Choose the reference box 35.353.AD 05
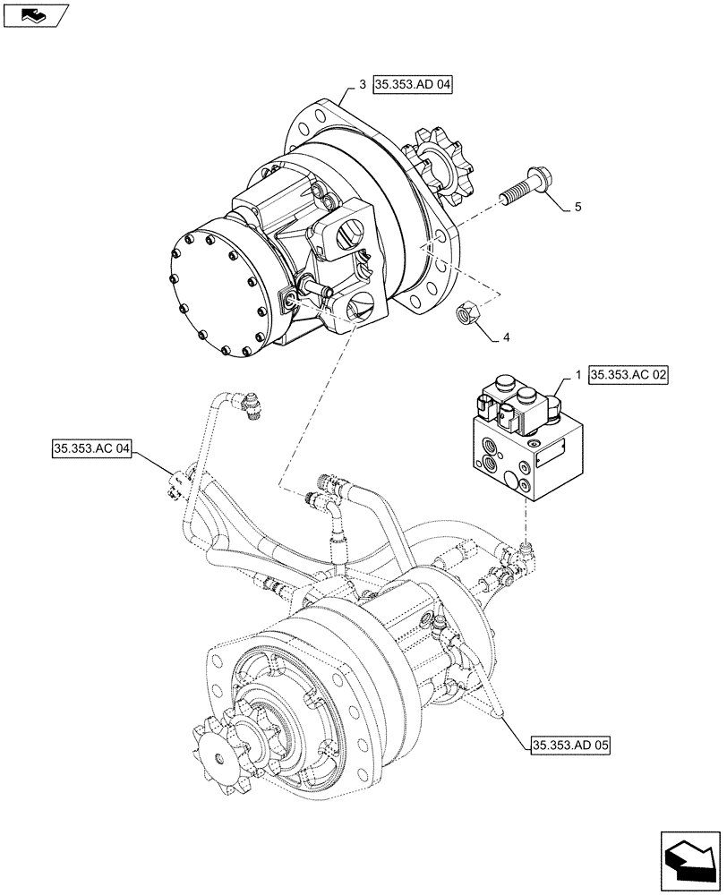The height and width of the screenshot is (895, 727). tap(568, 745)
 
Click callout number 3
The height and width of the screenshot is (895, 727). tap(361, 85)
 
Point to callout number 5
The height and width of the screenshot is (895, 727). tap(577, 208)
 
